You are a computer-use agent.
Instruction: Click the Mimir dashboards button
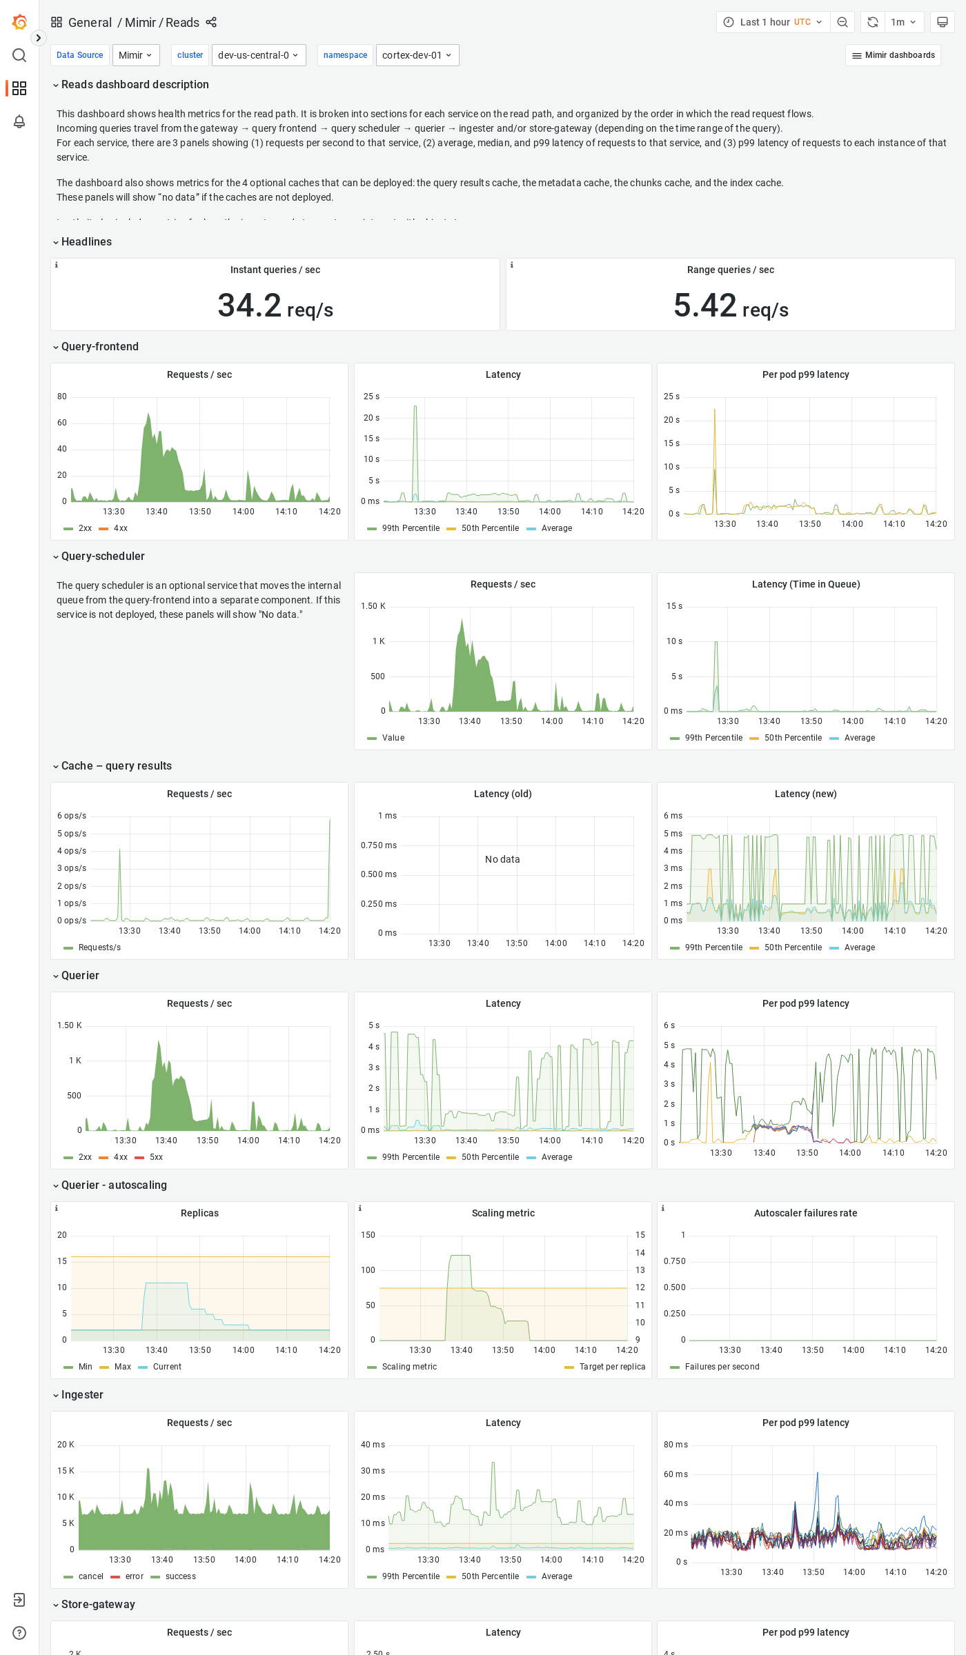(x=893, y=55)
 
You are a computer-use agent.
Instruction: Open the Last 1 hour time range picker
(x=773, y=22)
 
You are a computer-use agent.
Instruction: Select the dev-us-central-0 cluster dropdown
(x=258, y=55)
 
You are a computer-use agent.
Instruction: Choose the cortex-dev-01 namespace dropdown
(x=417, y=55)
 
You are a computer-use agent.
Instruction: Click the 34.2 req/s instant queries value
(x=275, y=305)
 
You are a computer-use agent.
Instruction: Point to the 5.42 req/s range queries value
(x=730, y=305)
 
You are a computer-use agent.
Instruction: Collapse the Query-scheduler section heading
(x=102, y=556)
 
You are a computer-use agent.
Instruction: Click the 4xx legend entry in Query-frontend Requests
(x=120, y=528)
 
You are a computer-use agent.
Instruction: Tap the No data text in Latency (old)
(x=502, y=859)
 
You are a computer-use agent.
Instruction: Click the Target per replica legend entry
(x=611, y=1367)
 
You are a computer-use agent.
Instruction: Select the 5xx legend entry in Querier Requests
(x=156, y=1157)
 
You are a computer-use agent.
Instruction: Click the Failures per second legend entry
(x=721, y=1367)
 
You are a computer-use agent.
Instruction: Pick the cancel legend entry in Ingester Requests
(x=90, y=1576)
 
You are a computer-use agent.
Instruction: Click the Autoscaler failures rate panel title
(x=805, y=1213)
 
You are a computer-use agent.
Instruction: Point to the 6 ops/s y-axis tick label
(x=72, y=816)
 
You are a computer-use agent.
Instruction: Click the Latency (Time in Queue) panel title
(x=805, y=584)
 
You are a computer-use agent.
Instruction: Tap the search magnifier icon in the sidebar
(x=19, y=55)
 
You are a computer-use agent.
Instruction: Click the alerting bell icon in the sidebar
(x=19, y=121)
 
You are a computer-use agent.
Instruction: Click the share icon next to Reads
(x=211, y=22)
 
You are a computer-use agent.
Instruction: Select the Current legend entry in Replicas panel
(x=166, y=1367)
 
